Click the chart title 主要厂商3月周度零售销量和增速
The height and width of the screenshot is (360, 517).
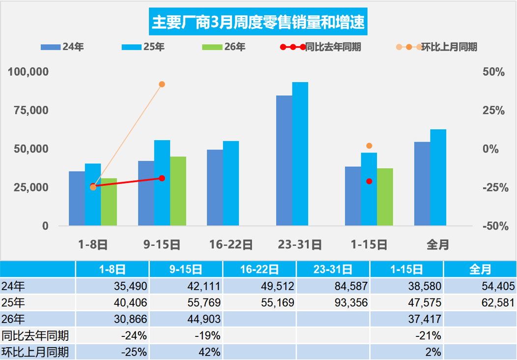[258, 23]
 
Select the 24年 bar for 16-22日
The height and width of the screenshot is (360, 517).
[215, 187]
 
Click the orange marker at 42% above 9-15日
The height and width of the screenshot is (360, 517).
[162, 84]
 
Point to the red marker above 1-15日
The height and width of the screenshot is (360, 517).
[369, 181]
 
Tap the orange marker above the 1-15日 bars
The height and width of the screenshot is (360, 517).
[369, 146]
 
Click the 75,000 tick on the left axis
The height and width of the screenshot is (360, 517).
[29, 110]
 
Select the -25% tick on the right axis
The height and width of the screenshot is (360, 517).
[493, 187]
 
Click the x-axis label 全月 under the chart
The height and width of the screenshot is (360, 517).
[438, 244]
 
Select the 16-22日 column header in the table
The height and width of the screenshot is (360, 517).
[259, 269]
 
